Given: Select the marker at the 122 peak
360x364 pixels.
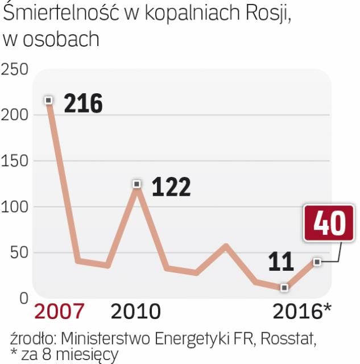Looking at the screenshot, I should click(x=136, y=184).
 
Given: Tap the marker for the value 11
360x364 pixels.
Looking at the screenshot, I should click(x=284, y=288).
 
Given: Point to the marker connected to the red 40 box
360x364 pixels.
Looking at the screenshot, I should click(x=317, y=262).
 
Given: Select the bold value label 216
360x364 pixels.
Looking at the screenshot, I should click(x=83, y=104).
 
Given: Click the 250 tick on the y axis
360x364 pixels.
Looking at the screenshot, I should click(x=15, y=70).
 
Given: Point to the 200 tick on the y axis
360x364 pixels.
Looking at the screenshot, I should click(x=15, y=115).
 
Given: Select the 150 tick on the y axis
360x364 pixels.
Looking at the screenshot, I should click(x=15, y=161).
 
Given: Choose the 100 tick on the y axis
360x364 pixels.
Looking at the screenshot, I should click(x=15, y=207).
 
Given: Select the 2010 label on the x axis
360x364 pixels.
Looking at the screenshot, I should click(x=136, y=311).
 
